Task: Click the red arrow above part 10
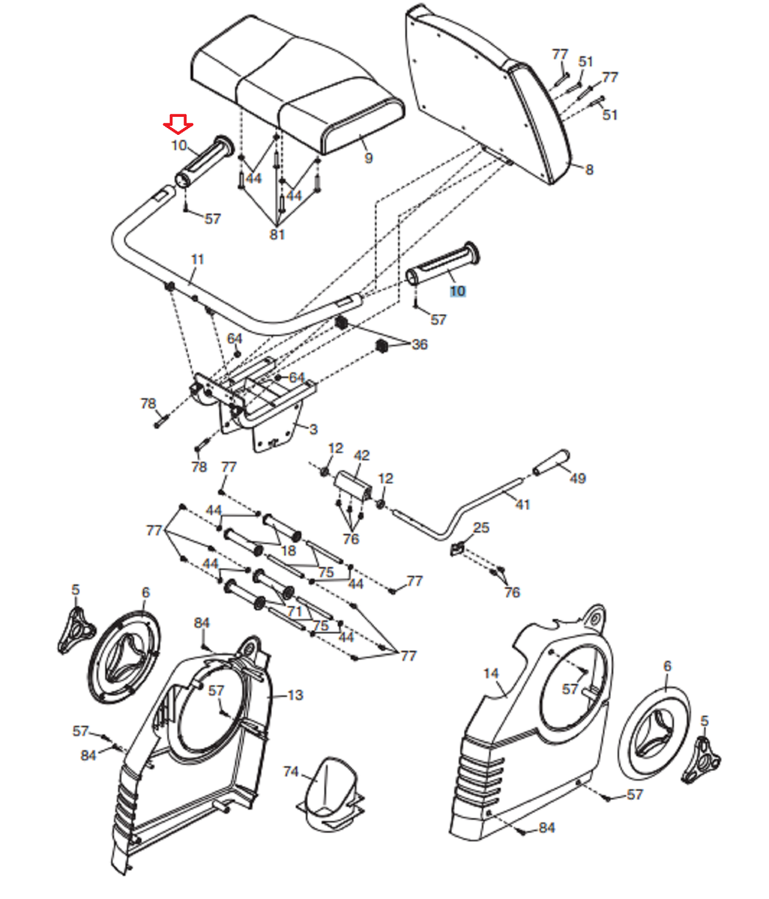(178, 124)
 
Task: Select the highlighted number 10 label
(457, 291)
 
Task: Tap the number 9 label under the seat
(368, 158)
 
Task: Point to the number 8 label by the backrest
(589, 169)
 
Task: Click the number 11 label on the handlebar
(198, 260)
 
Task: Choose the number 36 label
(420, 345)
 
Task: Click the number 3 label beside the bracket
(313, 429)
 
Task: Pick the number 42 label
(362, 455)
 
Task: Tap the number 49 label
(578, 478)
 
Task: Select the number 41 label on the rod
(522, 504)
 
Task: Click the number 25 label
(481, 527)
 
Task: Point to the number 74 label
(291, 772)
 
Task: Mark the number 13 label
(295, 695)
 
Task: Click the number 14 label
(491, 674)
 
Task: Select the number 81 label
(277, 234)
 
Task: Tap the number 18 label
(288, 551)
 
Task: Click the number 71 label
(295, 611)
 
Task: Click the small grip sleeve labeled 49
(552, 464)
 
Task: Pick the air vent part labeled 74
(331, 795)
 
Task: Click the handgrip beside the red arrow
(204, 162)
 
